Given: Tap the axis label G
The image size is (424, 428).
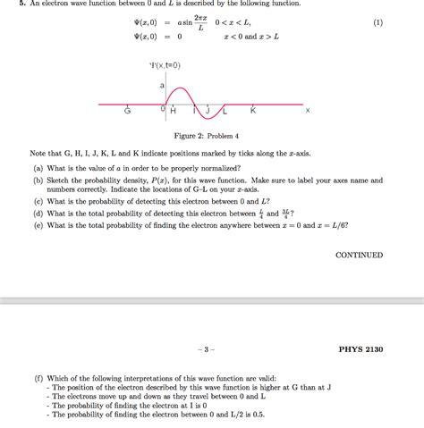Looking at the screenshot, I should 128,112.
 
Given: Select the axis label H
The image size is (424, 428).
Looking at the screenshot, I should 173,112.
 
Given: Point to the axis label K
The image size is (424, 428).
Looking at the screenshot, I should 253,112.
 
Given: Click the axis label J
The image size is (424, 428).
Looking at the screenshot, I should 207,112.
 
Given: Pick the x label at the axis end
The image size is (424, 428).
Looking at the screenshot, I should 308,112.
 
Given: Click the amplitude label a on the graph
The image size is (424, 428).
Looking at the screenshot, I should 162,87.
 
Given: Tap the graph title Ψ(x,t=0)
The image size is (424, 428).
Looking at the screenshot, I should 165,65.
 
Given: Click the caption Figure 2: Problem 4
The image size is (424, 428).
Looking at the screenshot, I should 211,136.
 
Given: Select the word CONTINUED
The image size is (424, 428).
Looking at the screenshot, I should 359,256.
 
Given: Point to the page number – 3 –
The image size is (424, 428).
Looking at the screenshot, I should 211,349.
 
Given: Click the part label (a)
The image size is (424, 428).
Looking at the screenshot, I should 38,168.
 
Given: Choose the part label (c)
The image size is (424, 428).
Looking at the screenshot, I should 38,202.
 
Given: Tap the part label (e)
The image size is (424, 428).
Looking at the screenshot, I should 38,225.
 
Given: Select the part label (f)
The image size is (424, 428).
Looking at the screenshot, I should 38,378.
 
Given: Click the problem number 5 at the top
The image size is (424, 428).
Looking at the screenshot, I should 7,4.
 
